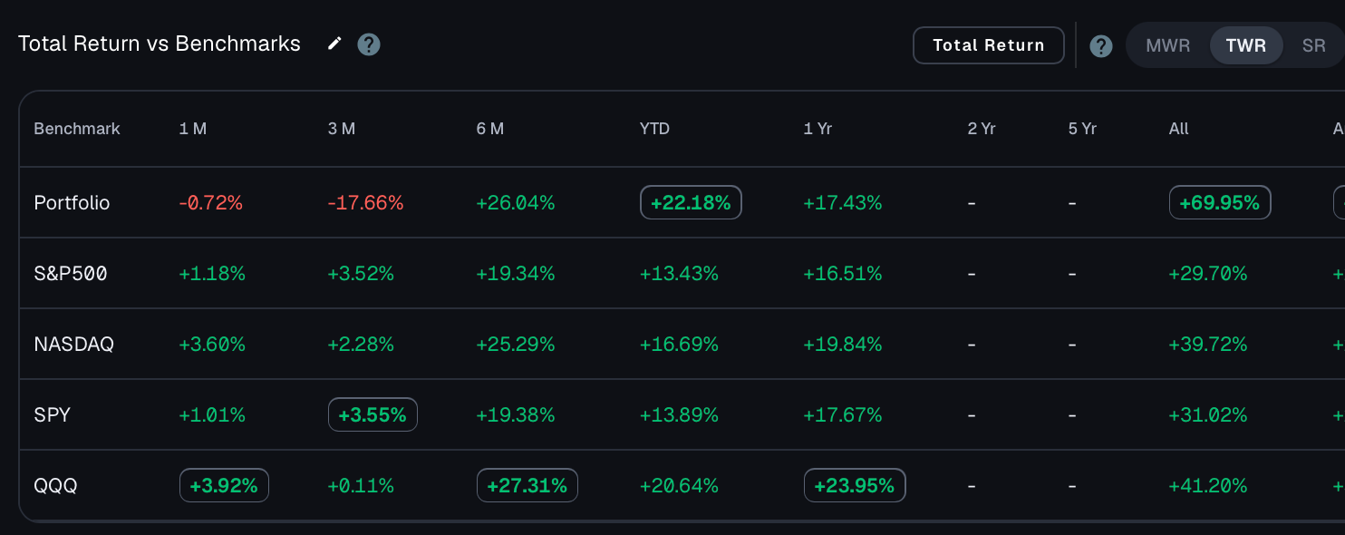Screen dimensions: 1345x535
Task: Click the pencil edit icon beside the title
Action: coord(334,44)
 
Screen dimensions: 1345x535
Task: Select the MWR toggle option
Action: coord(1167,45)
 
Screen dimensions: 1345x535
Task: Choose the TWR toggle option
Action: coord(1246,45)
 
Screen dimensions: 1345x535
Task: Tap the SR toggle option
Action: coord(1314,45)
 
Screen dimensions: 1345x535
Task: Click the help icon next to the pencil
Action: coord(369,44)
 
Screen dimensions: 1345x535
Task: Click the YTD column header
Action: coord(654,129)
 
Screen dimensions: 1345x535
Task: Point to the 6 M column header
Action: coord(490,129)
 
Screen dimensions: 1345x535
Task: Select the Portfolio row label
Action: coord(72,203)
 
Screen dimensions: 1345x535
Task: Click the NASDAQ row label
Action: coord(73,344)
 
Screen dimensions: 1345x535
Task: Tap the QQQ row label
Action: coord(55,485)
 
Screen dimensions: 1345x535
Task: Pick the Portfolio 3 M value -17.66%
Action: coord(365,203)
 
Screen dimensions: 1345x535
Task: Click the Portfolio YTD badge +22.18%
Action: coord(691,202)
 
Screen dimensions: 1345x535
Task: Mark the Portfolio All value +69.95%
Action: coord(1220,202)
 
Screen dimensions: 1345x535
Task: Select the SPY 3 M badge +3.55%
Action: coord(373,414)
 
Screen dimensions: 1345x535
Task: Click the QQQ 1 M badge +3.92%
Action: coord(224,485)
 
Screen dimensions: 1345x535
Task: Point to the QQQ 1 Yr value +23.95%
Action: coord(855,485)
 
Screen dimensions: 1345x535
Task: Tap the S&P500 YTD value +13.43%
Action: coord(679,274)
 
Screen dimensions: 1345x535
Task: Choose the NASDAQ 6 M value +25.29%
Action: coord(515,344)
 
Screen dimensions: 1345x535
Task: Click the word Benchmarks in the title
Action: coord(237,44)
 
